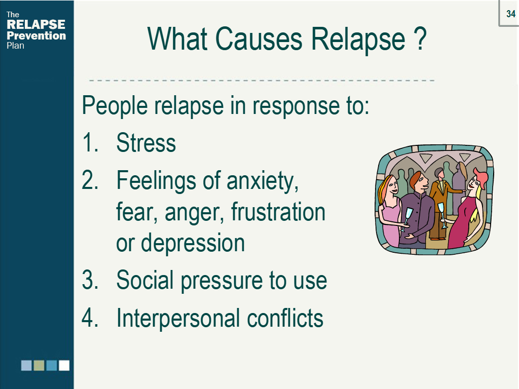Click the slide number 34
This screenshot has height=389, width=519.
(511, 14)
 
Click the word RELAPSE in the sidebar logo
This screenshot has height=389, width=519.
(36, 24)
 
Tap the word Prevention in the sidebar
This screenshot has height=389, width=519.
(36, 35)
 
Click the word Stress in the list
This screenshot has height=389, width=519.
(146, 143)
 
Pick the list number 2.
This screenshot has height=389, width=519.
(90, 180)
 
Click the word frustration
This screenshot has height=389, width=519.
(278, 211)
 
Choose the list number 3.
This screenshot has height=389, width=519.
(90, 280)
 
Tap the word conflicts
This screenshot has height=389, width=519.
(285, 318)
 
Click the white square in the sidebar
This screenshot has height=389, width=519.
(64, 366)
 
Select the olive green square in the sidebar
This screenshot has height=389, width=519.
(39, 366)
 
